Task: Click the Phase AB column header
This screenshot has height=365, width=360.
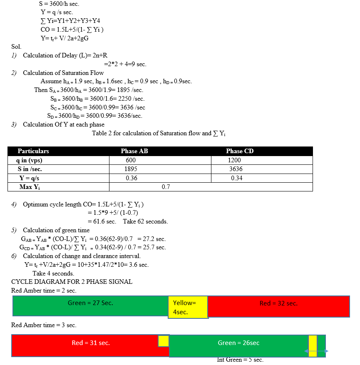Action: pos(134,151)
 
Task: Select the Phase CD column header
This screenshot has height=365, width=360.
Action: pos(240,151)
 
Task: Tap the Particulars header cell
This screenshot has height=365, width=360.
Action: pos(33,151)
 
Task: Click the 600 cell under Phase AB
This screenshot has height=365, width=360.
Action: pos(131,160)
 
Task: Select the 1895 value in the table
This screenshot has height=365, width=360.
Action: pos(131,169)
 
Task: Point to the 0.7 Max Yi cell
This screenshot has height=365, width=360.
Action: pos(166,187)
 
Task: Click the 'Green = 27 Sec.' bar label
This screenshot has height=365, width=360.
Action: pos(90,303)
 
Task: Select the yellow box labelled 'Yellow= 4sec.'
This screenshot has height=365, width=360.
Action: pos(187,307)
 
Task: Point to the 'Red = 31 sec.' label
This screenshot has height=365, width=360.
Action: pos(91,343)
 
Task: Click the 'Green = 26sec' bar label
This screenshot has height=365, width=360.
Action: pos(238,343)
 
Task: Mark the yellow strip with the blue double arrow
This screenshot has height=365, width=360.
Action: pos(313,345)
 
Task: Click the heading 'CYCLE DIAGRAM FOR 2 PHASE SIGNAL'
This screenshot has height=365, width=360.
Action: pos(72,282)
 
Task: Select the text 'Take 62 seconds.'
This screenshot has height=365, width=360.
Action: pos(145,221)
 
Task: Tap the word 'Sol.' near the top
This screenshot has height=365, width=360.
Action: pos(16,47)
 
